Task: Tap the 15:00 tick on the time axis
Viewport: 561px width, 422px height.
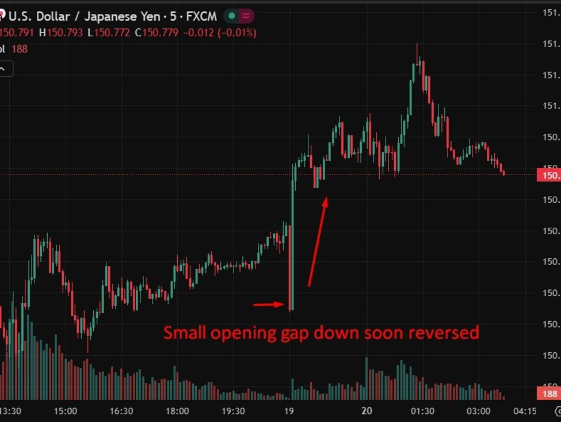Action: click(66, 411)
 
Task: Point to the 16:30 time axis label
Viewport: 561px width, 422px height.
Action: click(121, 411)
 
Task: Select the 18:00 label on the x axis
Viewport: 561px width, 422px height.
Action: click(177, 411)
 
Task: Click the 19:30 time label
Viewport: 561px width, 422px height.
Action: click(233, 411)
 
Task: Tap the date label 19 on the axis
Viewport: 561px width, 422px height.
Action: click(289, 411)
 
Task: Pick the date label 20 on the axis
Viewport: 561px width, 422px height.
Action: click(367, 411)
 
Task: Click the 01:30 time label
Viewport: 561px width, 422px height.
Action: click(422, 411)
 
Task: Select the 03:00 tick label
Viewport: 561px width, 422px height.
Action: click(478, 411)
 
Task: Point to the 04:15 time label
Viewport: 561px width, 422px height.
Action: click(524, 411)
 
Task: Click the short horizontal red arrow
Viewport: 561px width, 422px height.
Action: click(269, 304)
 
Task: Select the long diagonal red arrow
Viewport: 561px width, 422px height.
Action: click(318, 242)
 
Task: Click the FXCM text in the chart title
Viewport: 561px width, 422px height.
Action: click(201, 17)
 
